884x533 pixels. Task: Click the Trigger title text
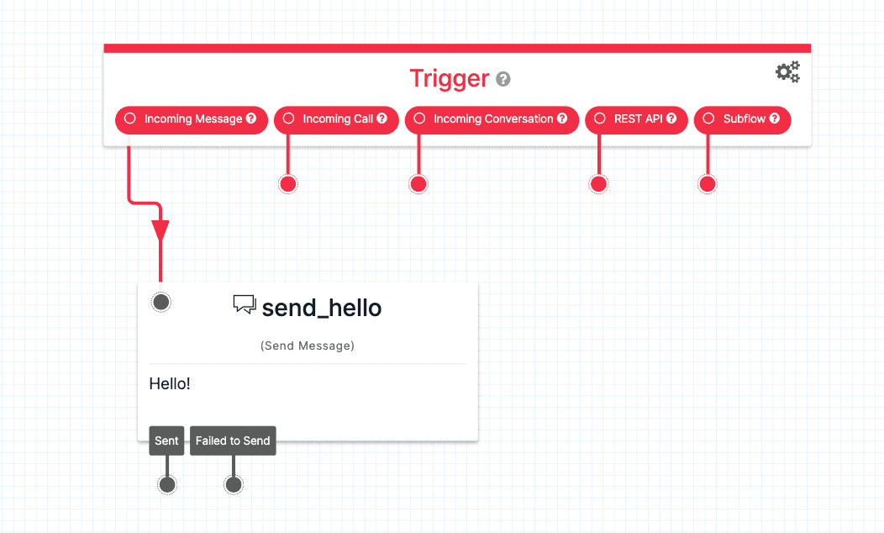point(449,78)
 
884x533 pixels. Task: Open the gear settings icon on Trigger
point(787,72)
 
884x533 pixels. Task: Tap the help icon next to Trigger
point(503,80)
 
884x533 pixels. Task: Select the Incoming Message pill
point(192,119)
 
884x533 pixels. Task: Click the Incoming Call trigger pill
point(337,119)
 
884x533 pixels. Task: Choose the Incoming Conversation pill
point(492,119)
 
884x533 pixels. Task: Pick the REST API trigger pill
point(637,119)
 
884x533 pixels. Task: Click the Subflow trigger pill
point(742,119)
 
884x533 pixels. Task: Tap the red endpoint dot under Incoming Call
point(288,184)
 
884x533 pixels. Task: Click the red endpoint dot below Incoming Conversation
point(418,184)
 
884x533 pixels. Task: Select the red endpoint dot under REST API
point(598,184)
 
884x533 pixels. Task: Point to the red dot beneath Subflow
point(708,184)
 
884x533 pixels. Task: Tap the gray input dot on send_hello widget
point(161,302)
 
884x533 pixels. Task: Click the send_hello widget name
point(322,308)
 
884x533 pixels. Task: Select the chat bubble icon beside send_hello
point(244,304)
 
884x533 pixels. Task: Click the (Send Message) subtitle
point(308,346)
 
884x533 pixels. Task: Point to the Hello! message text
point(170,384)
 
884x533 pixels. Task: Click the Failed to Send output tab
point(233,441)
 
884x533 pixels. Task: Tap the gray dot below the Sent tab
point(167,484)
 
